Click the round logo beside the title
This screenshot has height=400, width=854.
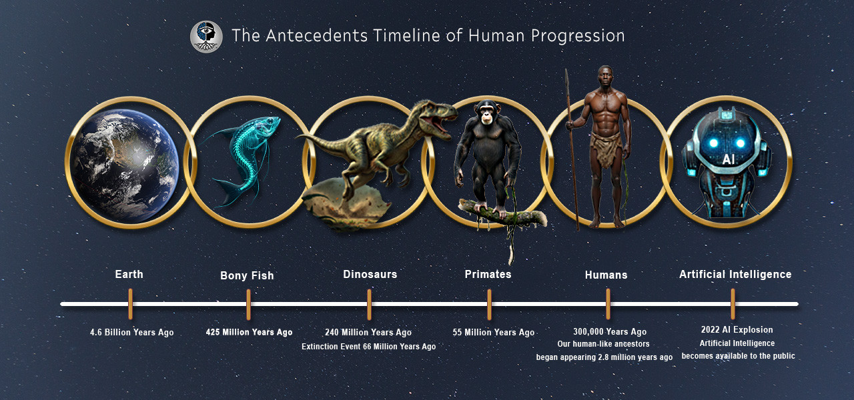(206, 37)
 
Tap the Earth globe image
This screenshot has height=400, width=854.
(125, 165)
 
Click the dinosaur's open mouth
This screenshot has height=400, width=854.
(442, 123)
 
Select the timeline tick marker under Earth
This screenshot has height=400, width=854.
(130, 304)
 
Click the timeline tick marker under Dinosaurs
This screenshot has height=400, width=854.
(369, 304)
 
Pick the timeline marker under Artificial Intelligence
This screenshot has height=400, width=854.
(733, 304)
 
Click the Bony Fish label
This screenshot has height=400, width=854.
(247, 275)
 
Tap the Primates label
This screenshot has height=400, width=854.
(488, 274)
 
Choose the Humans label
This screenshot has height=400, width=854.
(606, 275)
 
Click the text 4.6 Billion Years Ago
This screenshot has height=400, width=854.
(131, 332)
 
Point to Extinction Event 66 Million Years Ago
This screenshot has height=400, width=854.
(368, 347)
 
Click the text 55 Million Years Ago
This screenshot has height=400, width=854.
(493, 332)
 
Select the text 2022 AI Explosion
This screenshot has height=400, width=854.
(737, 329)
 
